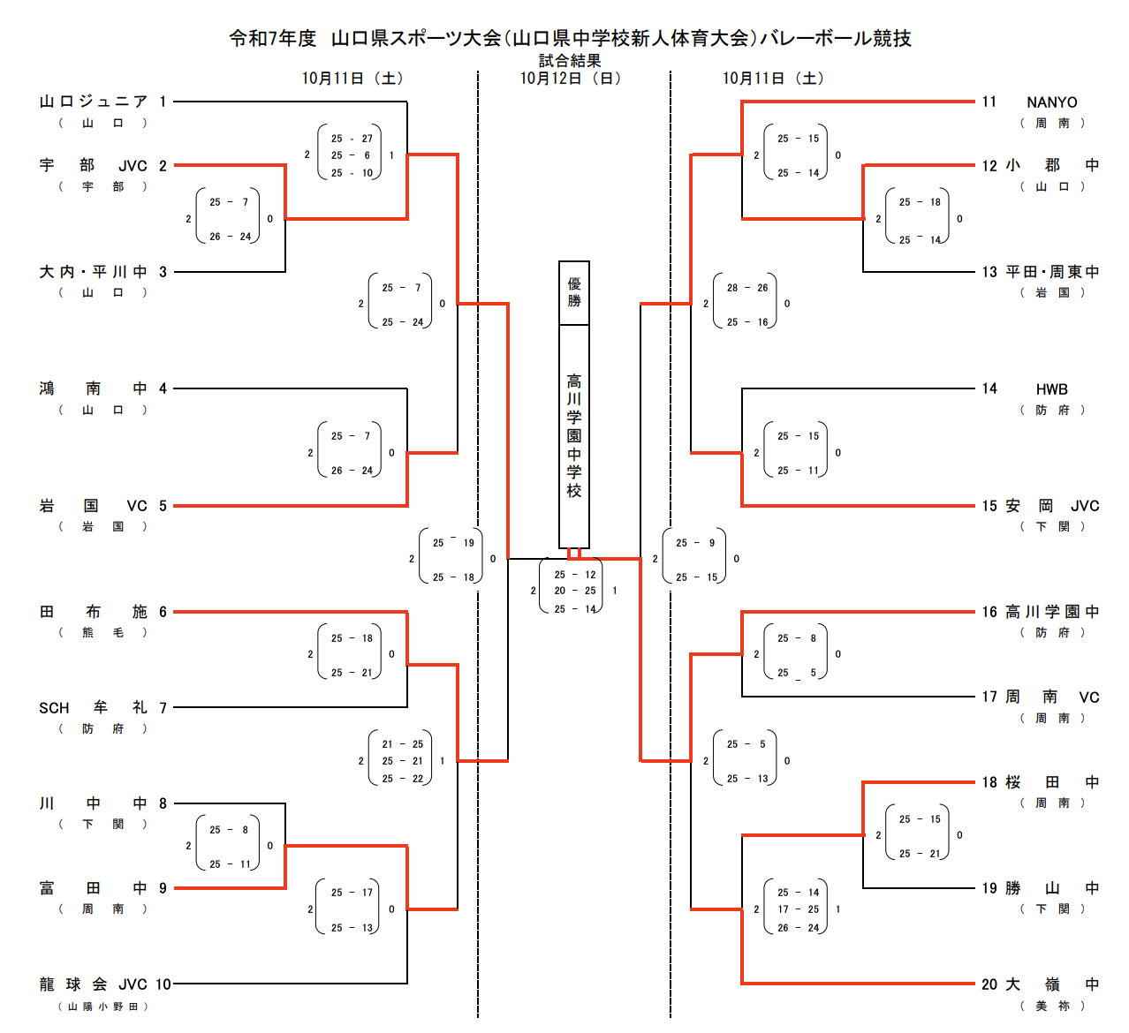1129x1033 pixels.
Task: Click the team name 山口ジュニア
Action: coord(93,102)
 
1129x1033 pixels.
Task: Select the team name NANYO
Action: coord(1051,102)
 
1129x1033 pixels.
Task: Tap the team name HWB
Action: coord(1051,389)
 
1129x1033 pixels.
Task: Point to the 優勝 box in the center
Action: coord(574,293)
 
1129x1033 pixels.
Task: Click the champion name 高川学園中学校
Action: coord(574,436)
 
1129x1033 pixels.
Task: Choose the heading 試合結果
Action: coord(570,61)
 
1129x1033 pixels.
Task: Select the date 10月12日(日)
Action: coord(570,79)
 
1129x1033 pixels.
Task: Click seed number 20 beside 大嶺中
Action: coord(989,984)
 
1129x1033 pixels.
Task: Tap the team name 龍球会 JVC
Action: coord(93,984)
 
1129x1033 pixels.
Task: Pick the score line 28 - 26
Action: coord(747,288)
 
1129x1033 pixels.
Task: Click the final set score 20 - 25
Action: coord(575,592)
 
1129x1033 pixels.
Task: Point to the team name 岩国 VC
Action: coord(93,506)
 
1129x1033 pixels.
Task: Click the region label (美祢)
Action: coord(1051,1006)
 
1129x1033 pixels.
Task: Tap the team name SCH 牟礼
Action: coord(93,708)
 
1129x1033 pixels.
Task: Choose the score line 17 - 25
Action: coord(798,909)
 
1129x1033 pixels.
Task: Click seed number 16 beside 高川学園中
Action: coord(989,612)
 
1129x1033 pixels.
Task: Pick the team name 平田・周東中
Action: coord(1052,272)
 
